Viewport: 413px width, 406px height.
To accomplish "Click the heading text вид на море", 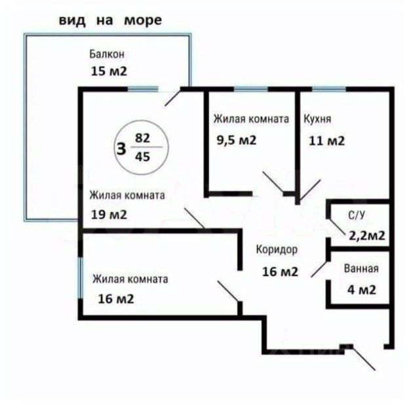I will pyautogui.click(x=109, y=20).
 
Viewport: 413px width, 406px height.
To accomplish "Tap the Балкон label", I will pyautogui.click(x=107, y=54).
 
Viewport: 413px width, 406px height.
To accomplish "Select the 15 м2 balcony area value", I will pyautogui.click(x=109, y=71).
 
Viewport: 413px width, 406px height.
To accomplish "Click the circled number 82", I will pyautogui.click(x=142, y=138).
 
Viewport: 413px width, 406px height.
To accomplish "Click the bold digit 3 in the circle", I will pyautogui.click(x=121, y=148).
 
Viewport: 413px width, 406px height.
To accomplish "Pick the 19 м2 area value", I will pyautogui.click(x=108, y=214).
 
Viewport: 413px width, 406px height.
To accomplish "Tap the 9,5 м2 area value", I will pyautogui.click(x=236, y=140).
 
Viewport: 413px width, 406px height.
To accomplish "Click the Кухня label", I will pyautogui.click(x=317, y=119).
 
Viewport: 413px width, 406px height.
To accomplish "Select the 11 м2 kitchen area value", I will pyautogui.click(x=326, y=140).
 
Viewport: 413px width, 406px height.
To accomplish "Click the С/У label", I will pyautogui.click(x=357, y=214).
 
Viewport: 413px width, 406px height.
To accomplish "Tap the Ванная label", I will pyautogui.click(x=361, y=268).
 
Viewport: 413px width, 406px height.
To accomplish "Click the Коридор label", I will pyautogui.click(x=277, y=250).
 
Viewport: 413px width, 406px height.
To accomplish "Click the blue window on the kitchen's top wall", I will pyautogui.click(x=329, y=89).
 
